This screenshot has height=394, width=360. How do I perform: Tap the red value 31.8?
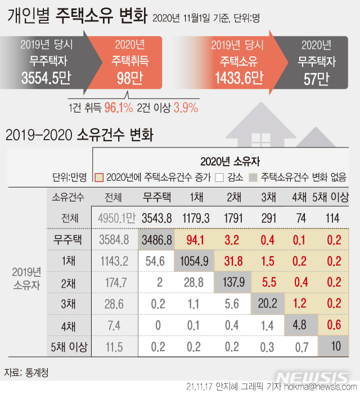pos(232,261)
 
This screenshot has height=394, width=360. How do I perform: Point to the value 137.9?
pos(232,282)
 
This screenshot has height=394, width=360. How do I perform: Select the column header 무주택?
pos(159,198)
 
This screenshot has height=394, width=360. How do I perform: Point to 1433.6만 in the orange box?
pos(237,79)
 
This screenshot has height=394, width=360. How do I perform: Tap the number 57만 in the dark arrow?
pos(316,79)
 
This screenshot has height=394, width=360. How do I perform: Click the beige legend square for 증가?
pos(99,178)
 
